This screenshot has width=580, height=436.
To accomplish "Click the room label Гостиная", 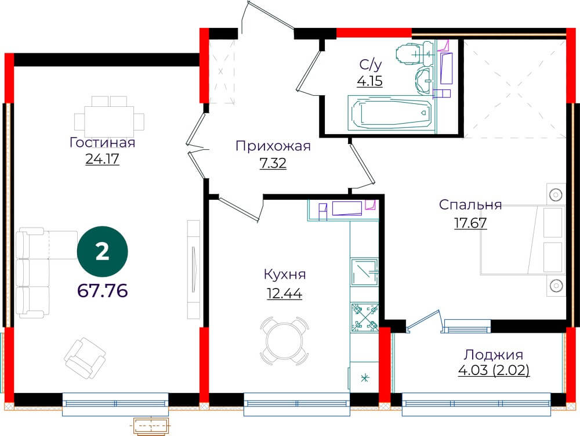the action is pos(103,143).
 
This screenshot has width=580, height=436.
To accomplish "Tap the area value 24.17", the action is pos(103,159).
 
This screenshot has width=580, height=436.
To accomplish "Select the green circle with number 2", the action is pos(103,252).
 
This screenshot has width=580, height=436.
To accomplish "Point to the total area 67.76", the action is pos(103,290).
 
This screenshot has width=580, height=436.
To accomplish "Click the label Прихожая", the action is pos(273,146).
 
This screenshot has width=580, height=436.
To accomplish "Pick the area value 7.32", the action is pos(273,163).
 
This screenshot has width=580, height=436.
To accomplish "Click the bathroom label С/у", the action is pos(370,65).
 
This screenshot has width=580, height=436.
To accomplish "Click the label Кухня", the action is pos(285,275).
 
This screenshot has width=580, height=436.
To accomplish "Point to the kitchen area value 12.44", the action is pos(285,294).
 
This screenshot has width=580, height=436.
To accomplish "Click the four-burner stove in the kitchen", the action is pos(364,317).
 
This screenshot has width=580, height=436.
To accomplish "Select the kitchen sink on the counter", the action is pos(364,272).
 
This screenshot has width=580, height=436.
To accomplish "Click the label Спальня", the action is pos(470,205).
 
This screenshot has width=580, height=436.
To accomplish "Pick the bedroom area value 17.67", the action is pos(470,223).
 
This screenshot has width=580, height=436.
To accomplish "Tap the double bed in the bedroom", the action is pos(523,240).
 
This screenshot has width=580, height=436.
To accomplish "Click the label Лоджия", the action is pos(494,355).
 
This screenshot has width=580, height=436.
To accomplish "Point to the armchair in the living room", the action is pos(85,358).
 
